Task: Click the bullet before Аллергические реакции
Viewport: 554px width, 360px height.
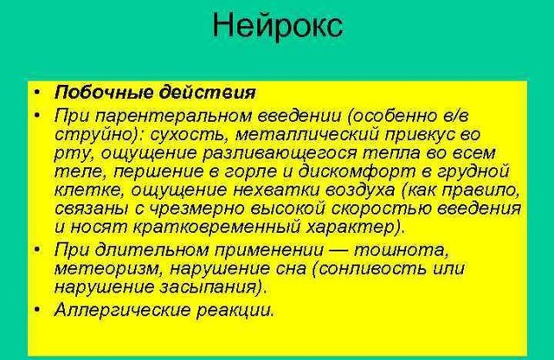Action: tap(36, 309)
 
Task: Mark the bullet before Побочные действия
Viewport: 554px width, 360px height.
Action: tap(36, 92)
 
